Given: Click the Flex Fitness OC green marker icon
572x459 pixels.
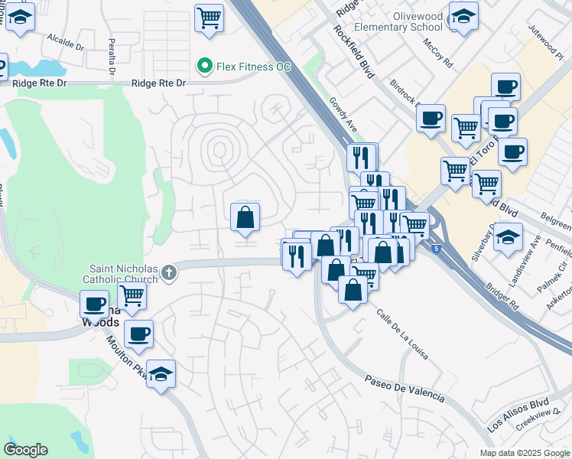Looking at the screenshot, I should tap(204, 67).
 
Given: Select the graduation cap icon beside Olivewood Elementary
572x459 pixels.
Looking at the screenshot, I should tap(463, 16).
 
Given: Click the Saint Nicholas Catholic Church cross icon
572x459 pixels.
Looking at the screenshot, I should tap(168, 271).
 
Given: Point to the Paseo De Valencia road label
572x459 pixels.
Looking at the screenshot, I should tap(404, 388).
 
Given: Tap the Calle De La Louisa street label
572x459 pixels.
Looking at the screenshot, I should tap(401, 334).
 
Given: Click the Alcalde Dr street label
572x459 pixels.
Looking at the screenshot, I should tap(65, 41).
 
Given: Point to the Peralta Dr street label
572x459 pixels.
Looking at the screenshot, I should tap(112, 52).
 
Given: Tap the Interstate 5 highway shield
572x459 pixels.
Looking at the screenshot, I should tap(436, 248).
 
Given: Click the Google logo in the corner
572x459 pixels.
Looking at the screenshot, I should tap(25, 450).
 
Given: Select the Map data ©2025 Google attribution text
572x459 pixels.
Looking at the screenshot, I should tap(525, 453).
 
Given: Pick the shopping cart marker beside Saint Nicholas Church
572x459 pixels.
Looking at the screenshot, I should tap(132, 294).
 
